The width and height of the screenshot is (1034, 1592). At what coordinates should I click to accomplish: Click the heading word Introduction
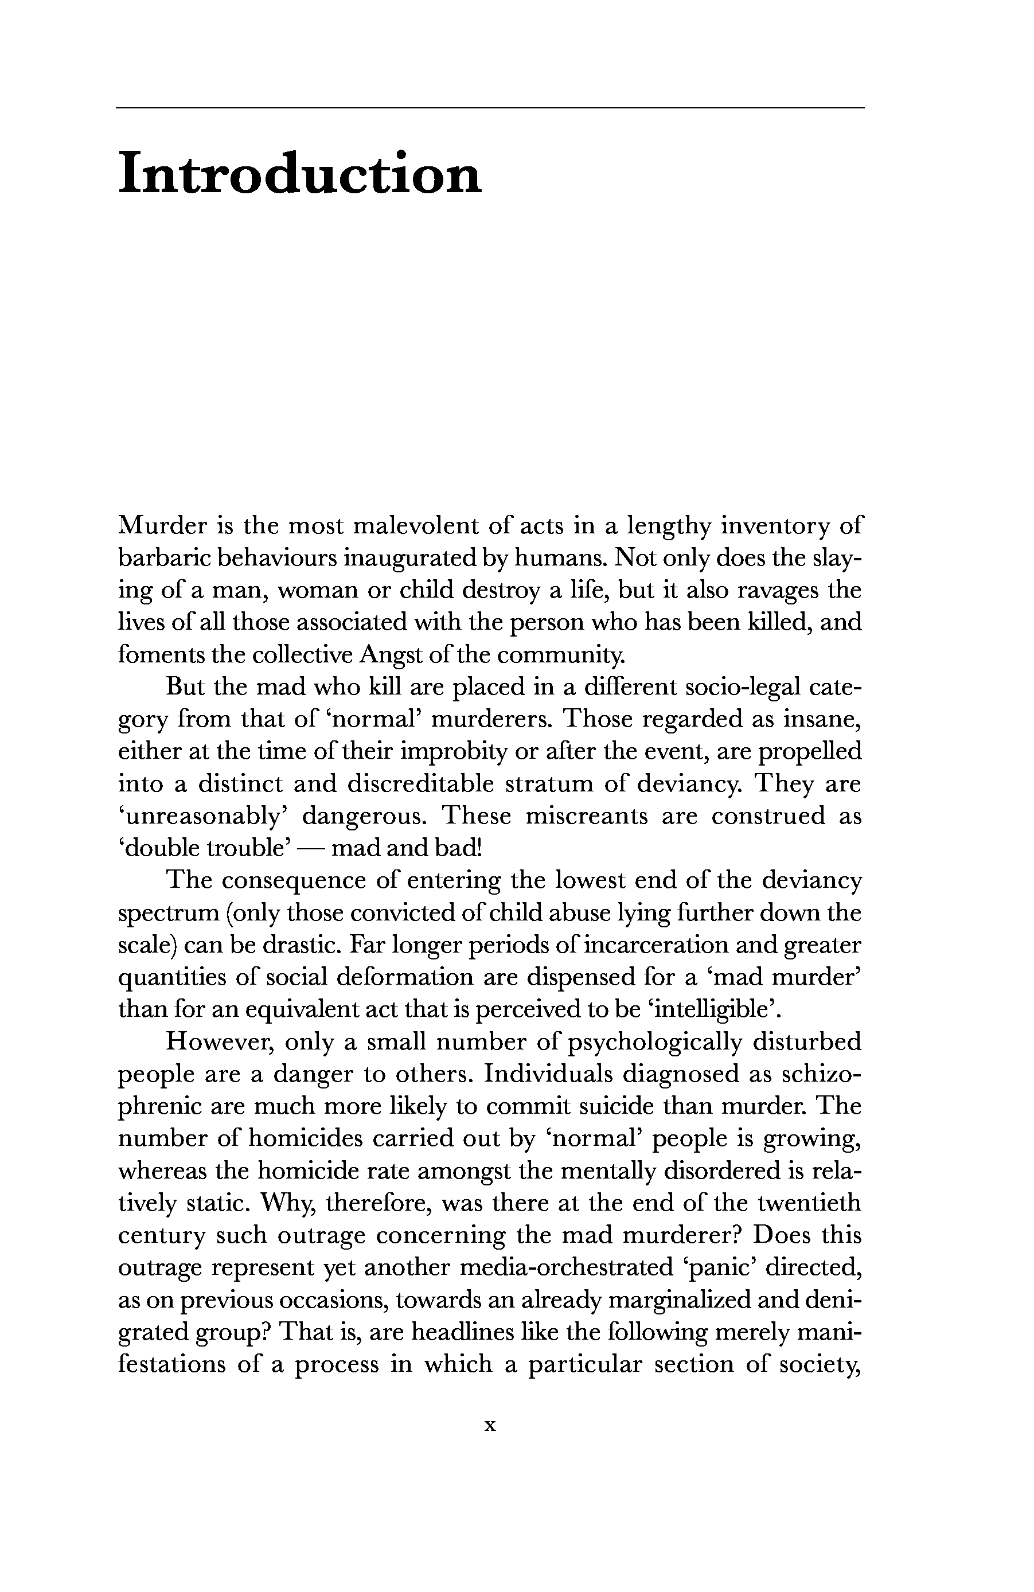pos(299,173)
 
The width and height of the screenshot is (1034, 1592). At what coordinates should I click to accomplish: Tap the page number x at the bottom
pos(490,1426)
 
